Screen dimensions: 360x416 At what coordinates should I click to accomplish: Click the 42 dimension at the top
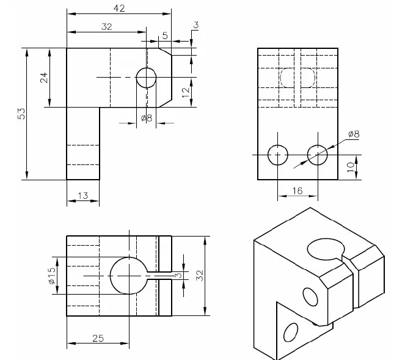pos(120,8)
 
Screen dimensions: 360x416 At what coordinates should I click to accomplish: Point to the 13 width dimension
pos(83,196)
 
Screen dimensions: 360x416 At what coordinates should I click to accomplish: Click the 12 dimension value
pos(186,93)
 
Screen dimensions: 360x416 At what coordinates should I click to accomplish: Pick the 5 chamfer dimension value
pos(165,35)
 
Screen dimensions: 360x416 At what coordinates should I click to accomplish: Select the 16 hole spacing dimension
pos(297,191)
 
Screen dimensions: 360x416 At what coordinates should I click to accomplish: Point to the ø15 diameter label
pos(52,275)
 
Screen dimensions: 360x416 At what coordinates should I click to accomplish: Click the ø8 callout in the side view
pos(353,134)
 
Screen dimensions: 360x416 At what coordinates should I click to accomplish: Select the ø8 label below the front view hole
pos(146,118)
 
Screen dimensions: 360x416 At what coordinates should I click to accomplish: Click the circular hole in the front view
pos(146,78)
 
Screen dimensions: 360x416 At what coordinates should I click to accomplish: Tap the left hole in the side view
pos(278,155)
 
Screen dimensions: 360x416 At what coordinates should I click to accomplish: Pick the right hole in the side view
pos(317,155)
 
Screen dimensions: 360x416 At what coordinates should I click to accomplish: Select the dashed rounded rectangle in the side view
pos(297,78)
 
